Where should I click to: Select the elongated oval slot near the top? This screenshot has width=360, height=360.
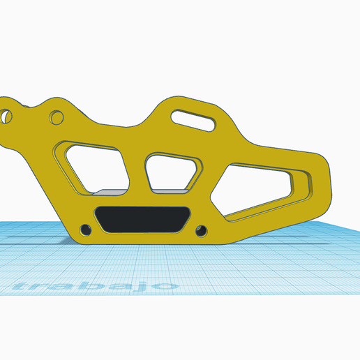click(x=195, y=119)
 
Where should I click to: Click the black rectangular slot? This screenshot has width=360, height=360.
click(x=142, y=219)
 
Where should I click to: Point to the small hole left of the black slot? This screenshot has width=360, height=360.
click(x=86, y=229)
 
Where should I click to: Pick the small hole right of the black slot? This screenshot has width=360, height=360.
click(x=202, y=230)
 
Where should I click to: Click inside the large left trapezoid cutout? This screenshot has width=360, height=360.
click(x=94, y=167)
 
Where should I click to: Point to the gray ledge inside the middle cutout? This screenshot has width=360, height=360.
click(x=170, y=190)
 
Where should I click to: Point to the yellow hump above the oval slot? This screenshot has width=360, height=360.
click(x=188, y=103)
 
